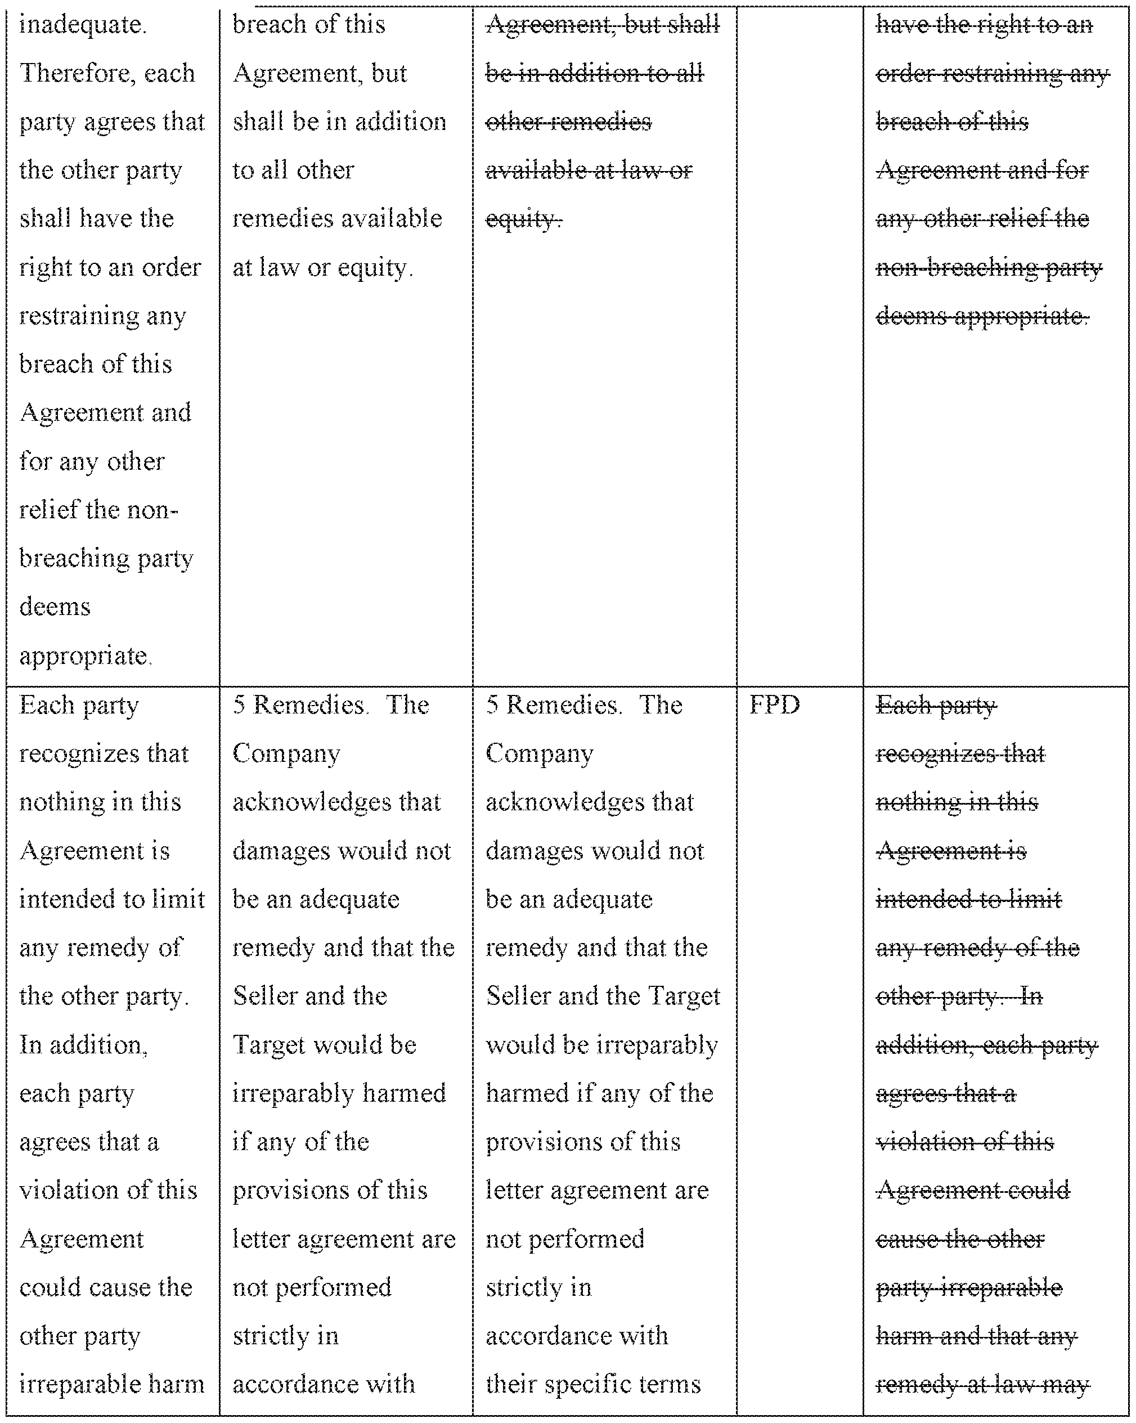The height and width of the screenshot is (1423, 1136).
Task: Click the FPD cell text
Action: [774, 705]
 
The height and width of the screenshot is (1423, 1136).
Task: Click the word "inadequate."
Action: [83, 25]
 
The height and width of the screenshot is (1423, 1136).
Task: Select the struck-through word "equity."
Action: [523, 218]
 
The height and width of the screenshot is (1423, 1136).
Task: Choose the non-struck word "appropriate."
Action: [84, 656]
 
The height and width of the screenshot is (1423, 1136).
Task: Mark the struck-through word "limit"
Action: [1040, 899]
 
